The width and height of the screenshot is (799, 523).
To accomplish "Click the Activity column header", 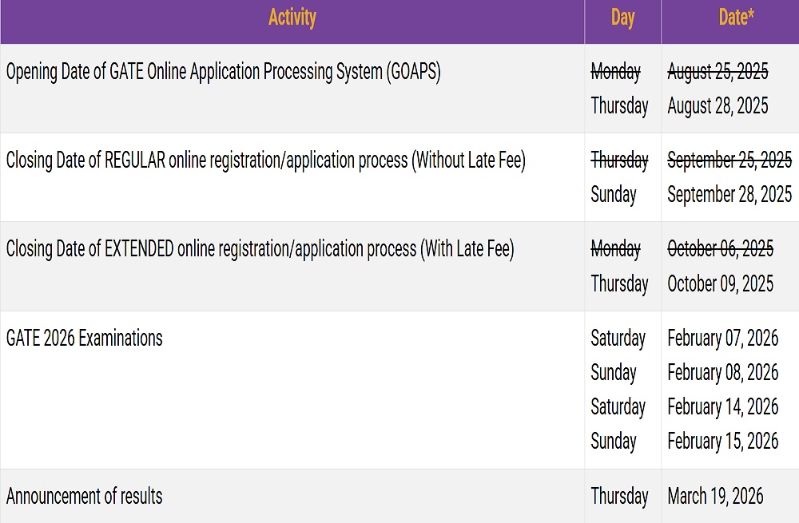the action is click(292, 18).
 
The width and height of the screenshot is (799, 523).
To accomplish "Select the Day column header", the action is click(622, 18).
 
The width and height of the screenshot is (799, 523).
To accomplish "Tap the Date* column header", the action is click(736, 18).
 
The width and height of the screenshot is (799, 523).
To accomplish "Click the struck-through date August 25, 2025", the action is click(718, 71).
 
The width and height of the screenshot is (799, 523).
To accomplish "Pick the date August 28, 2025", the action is click(718, 106).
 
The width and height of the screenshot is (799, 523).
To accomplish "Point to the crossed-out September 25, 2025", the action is click(729, 160).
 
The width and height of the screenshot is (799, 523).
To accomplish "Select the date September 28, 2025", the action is click(729, 195).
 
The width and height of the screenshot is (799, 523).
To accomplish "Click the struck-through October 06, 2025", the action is click(720, 248).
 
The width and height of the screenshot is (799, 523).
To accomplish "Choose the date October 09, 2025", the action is click(720, 283).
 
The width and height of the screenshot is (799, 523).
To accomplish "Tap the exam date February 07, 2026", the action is click(722, 338).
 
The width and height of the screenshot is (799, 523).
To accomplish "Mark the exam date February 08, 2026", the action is click(722, 372).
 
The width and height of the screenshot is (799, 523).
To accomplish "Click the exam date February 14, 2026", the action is click(722, 406).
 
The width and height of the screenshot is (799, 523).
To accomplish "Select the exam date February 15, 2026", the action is click(722, 441).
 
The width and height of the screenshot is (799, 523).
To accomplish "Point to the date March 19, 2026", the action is click(715, 496).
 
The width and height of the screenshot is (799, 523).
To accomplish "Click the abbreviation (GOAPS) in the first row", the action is click(413, 71).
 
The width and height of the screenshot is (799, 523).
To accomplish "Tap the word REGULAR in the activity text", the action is click(135, 160).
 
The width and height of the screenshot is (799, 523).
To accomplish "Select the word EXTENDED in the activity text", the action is click(139, 248).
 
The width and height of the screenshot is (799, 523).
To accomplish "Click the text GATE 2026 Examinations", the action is click(84, 338).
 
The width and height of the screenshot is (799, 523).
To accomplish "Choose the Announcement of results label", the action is click(84, 496).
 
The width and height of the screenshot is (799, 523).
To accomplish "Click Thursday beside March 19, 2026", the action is click(619, 496).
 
